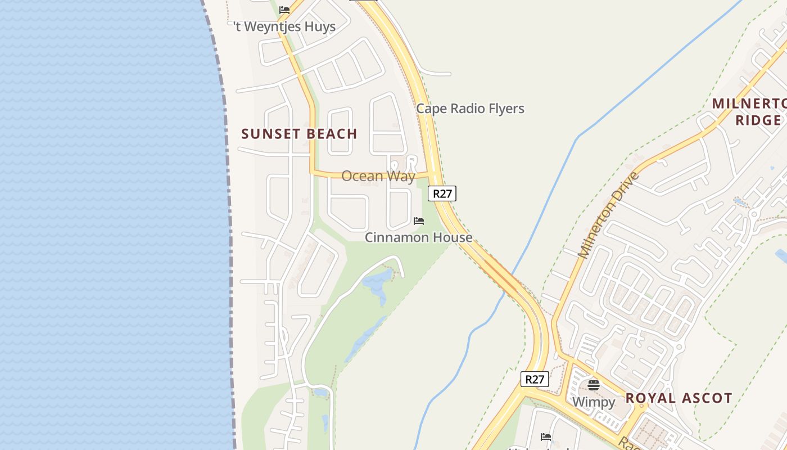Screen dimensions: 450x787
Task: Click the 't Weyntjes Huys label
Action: pos(285,26)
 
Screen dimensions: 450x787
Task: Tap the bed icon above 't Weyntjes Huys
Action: pos(284,10)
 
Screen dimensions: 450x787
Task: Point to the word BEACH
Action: pos(332,134)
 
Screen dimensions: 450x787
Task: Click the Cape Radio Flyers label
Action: pos(470,109)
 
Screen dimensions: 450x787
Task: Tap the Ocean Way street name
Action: pos(378,176)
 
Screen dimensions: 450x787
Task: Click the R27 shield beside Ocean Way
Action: pos(442,193)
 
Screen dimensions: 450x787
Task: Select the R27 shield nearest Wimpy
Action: pos(534,379)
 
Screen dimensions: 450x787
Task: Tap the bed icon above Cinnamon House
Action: pos(419,220)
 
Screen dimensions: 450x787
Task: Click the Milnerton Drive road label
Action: pos(609,215)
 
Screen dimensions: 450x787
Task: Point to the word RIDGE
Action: pos(758,120)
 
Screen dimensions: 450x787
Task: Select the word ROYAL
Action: pos(649,398)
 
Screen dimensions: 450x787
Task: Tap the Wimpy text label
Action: pos(594,402)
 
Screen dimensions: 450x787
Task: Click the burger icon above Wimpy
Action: pos(594,385)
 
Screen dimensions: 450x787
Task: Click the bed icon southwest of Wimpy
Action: pos(545,436)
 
